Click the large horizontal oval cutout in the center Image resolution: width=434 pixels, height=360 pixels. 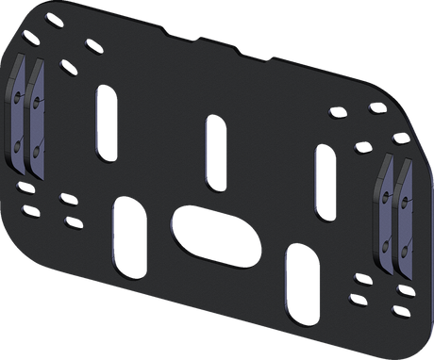[214, 232]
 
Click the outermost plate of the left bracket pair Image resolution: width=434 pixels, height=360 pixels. [21, 117]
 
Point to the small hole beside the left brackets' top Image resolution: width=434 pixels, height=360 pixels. [64, 67]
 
